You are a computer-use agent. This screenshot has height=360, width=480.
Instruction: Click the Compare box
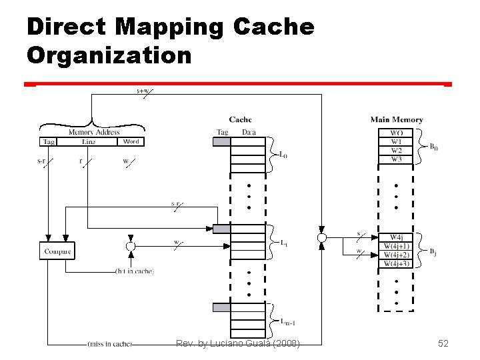pos(57,251)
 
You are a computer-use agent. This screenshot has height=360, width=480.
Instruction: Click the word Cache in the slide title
pos(273,27)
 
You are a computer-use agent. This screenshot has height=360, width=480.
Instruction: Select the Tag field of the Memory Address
pos(49,141)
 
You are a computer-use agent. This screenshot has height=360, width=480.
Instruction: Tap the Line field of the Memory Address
pos(88,141)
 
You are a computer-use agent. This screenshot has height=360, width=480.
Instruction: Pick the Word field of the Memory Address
pos(131,141)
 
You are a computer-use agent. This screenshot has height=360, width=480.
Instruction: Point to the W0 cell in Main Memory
pos(396,133)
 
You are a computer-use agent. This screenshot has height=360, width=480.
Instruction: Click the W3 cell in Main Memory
pos(396,159)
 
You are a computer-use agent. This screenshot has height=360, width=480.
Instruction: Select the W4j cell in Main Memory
pos(396,237)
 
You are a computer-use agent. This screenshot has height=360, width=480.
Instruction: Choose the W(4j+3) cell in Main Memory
pos(396,263)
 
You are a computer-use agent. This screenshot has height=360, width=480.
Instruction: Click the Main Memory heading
pos(397,120)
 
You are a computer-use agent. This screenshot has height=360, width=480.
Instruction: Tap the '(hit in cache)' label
pos(134,271)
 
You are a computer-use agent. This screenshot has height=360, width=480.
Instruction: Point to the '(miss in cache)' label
pos(110,344)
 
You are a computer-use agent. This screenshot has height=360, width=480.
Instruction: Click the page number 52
pos(443,343)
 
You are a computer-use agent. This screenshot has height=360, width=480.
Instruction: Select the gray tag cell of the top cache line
pos(221,141)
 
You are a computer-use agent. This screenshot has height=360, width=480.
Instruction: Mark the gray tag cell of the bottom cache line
pos(221,307)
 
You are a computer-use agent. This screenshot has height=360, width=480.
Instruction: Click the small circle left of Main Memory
pos(321,237)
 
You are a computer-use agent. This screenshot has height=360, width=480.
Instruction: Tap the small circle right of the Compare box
pos(131,246)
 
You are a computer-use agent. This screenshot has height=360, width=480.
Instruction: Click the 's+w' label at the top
pos(142,91)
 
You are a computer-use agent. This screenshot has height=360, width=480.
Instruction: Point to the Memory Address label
pos(94,132)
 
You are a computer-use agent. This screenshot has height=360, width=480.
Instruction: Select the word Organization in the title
pos(109,55)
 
